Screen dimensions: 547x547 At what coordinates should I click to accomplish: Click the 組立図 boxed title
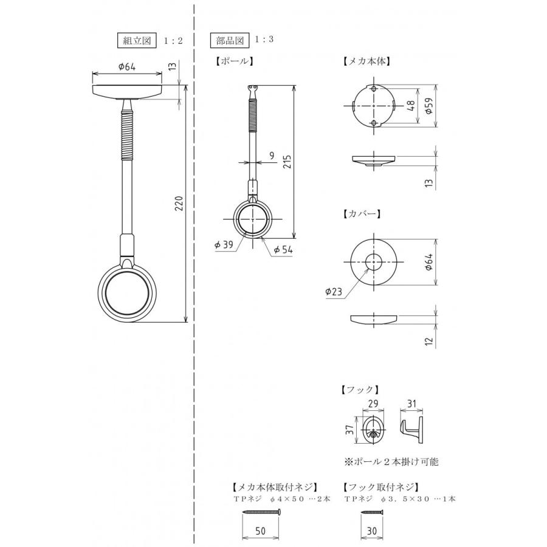click(x=137, y=41)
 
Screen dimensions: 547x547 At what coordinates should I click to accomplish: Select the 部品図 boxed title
click(x=230, y=41)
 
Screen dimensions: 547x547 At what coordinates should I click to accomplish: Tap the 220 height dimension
click(x=179, y=204)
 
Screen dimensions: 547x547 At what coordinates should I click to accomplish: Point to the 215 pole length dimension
click(x=287, y=162)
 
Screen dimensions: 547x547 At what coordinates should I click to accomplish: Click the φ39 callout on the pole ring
click(x=224, y=244)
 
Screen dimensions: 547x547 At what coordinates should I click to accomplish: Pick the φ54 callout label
click(x=283, y=250)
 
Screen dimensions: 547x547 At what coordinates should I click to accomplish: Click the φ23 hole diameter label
click(x=334, y=291)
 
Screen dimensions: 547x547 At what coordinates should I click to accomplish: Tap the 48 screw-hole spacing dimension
click(x=411, y=106)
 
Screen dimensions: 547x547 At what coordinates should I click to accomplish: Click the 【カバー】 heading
click(x=362, y=213)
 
